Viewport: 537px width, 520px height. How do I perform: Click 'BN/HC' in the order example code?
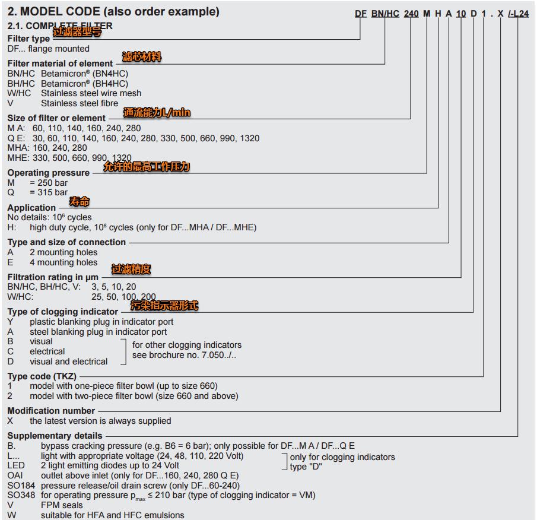click(385, 14)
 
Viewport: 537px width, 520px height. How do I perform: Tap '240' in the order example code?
click(411, 14)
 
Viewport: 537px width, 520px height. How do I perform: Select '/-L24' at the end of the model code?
click(518, 14)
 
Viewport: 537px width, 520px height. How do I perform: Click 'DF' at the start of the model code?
click(361, 14)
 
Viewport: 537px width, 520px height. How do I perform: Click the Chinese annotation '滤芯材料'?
click(142, 57)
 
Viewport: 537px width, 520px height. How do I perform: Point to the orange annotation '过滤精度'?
click(131, 269)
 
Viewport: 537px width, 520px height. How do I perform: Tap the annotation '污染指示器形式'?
click(164, 306)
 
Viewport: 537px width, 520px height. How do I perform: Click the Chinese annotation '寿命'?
click(80, 202)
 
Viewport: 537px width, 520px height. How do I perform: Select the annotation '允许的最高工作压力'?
click(147, 167)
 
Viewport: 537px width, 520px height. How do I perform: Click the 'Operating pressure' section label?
click(49, 173)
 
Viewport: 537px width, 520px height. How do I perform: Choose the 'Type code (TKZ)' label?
click(42, 376)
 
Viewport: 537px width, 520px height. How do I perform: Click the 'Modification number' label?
click(51, 411)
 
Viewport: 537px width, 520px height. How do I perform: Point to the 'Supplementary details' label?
click(55, 436)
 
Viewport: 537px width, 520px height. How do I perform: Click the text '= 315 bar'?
click(49, 192)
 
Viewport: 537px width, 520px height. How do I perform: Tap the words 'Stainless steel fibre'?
click(80, 103)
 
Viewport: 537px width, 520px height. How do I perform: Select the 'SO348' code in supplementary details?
click(20, 495)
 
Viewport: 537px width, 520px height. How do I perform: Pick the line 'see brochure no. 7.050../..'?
click(184, 355)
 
